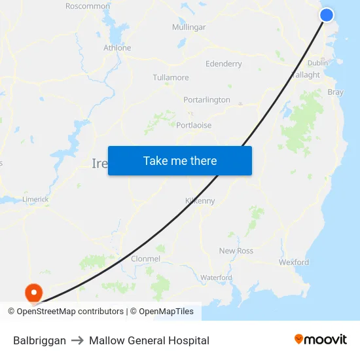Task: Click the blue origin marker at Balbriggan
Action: coord(327,14)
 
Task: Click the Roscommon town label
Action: coord(88,6)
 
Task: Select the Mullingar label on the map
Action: coord(189,27)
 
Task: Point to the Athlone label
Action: coord(117,48)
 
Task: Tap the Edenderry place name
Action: coord(223,64)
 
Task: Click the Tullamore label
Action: coord(170,77)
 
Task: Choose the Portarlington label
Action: coord(206,100)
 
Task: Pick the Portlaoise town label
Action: coord(194,125)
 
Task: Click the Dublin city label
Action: coord(317,63)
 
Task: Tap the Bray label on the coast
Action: coord(335,92)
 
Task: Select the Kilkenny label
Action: coord(200,201)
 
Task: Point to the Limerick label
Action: coord(35,199)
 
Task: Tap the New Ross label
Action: coord(236,251)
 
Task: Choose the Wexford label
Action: coord(293,262)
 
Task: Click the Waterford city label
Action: coord(216,278)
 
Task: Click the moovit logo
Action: coord(320,340)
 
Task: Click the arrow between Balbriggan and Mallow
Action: coord(77,340)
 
